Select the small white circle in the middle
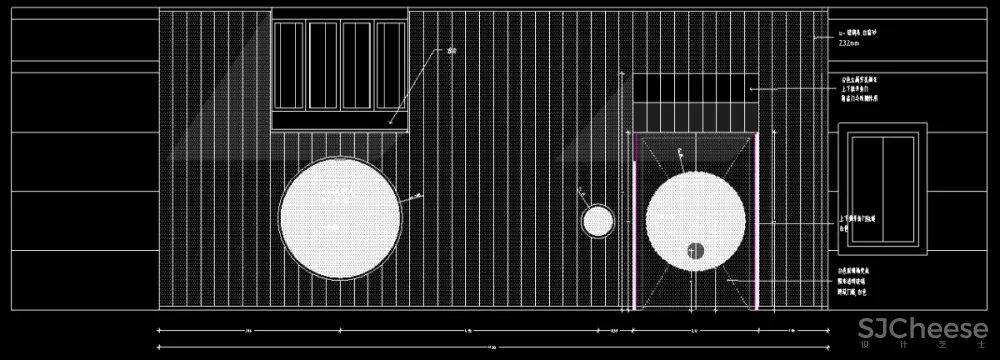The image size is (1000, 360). pyautogui.click(x=597, y=221)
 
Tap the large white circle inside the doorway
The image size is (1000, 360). pyautogui.click(x=695, y=220)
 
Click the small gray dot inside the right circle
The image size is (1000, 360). pyautogui.click(x=695, y=250)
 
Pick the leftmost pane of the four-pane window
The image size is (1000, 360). pyautogui.click(x=290, y=65)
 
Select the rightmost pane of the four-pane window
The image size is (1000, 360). pyautogui.click(x=389, y=65)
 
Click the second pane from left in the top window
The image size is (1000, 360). pyautogui.click(x=324, y=65)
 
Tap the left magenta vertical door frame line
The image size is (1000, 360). pyautogui.click(x=636, y=220)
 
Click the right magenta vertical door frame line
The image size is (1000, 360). pyautogui.click(x=756, y=220)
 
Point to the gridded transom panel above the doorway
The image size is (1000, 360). pyautogui.click(x=696, y=99)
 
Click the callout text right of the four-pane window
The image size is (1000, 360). pyautogui.click(x=452, y=50)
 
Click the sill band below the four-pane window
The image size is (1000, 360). pyautogui.click(x=340, y=120)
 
